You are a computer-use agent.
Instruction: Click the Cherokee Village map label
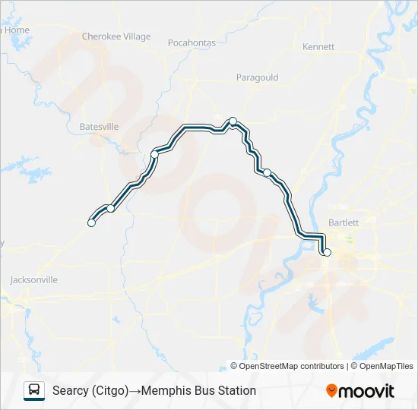[116, 36]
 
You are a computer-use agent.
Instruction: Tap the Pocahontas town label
[192, 43]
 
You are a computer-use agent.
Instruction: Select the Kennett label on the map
[318, 47]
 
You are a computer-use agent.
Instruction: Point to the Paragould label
[257, 77]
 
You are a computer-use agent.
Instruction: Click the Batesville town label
[99, 127]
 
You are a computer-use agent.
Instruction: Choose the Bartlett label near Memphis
[343, 222]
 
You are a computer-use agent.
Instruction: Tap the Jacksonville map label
[33, 279]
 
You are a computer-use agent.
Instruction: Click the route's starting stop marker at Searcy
[91, 222]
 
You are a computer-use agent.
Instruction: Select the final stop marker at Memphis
[328, 252]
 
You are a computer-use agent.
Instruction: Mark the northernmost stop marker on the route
[233, 121]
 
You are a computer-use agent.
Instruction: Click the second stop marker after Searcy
[111, 208]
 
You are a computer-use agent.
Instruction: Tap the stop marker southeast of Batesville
[154, 154]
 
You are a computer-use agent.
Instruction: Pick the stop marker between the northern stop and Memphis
[267, 172]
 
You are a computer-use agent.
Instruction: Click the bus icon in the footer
[34, 390]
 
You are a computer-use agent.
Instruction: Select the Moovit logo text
[367, 391]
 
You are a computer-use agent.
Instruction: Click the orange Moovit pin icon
[331, 391]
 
